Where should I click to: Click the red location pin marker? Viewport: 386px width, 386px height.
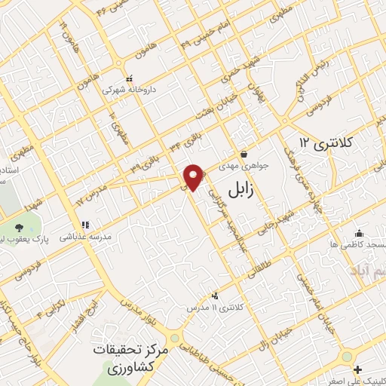tap(194, 176)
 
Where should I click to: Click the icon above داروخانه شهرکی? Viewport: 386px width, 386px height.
tap(129, 78)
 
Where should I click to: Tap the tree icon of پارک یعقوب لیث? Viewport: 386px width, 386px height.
tap(19, 226)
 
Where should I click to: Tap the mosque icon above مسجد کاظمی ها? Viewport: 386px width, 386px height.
tap(360, 232)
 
